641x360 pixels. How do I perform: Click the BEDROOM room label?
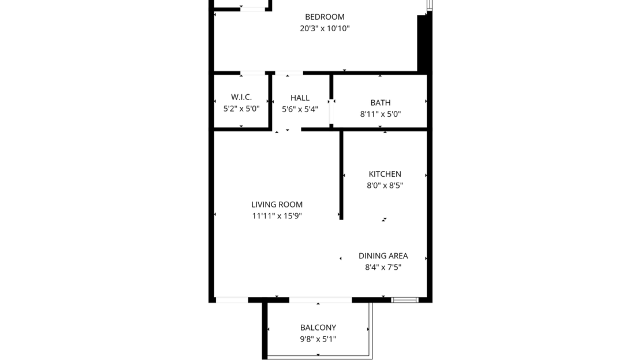[325, 17]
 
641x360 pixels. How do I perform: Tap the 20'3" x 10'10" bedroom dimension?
[325, 28]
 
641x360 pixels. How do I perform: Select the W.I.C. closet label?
[241, 98]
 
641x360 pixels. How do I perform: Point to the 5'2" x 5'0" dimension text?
[241, 109]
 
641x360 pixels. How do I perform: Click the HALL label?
[300, 98]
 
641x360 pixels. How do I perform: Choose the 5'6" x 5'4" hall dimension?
[300, 109]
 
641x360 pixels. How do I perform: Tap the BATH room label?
[381, 103]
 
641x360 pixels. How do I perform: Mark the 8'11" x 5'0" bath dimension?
[381, 114]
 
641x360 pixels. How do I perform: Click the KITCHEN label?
[385, 174]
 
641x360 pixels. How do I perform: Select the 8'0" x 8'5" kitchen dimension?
[385, 185]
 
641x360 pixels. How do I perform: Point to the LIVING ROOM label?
[277, 205]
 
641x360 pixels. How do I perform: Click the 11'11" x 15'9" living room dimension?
[277, 216]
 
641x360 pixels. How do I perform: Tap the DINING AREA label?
[383, 256]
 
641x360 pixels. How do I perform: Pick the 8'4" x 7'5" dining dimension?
[383, 268]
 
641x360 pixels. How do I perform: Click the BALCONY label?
[318, 328]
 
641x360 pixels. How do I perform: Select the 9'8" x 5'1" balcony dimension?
[318, 339]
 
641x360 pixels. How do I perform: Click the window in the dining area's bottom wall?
[404, 300]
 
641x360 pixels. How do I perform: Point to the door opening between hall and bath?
[331, 112]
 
